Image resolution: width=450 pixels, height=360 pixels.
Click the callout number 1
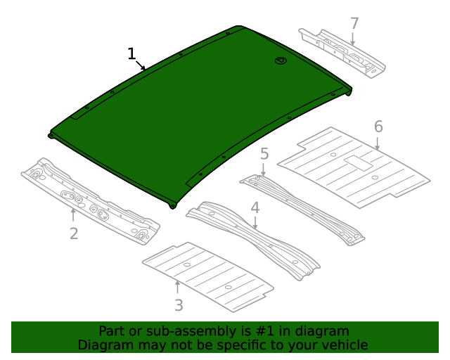[131, 53]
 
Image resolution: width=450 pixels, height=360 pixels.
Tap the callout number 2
[74, 233]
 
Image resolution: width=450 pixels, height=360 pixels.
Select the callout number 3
[179, 304]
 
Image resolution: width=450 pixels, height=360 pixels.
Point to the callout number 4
[255, 207]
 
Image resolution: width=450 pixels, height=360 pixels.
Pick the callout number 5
[264, 153]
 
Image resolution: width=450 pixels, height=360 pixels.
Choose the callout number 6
[378, 127]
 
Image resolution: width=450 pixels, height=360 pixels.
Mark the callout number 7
[354, 23]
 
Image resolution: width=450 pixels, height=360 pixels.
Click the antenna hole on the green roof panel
[281, 61]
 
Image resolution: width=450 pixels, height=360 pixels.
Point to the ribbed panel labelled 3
[207, 276]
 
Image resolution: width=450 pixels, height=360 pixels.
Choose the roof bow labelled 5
[302, 209]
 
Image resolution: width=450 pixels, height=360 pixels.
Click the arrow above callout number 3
[177, 288]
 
